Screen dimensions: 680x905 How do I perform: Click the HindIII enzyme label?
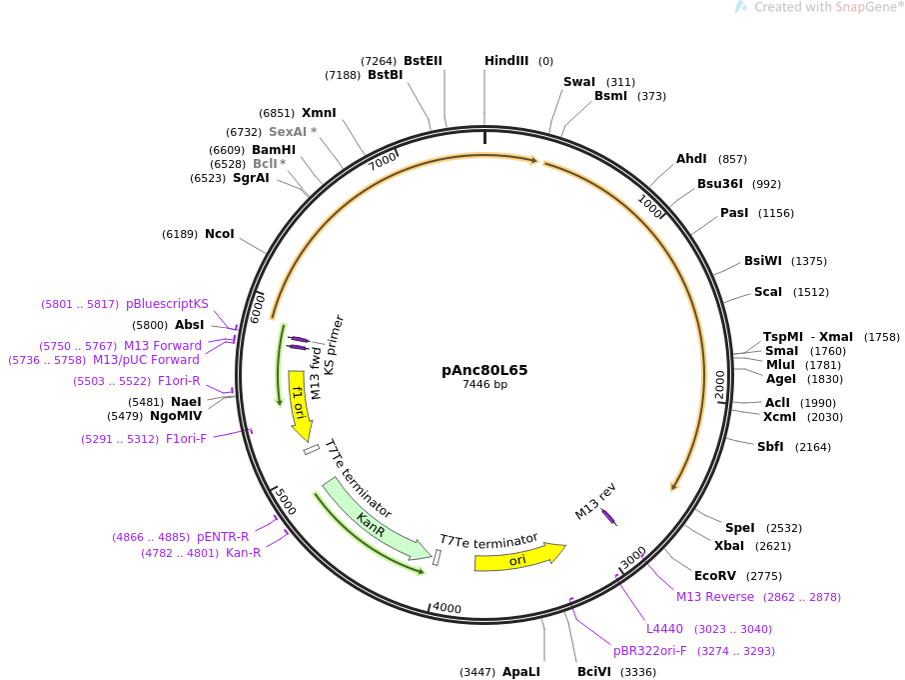(506, 61)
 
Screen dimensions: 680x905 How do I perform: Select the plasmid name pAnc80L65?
(484, 370)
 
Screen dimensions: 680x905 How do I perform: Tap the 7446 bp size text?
(484, 385)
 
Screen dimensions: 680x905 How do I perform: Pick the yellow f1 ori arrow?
(299, 404)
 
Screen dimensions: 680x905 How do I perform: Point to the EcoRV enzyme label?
(715, 576)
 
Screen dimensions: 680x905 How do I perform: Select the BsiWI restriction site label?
(763, 261)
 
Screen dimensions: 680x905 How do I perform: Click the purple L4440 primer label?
(664, 629)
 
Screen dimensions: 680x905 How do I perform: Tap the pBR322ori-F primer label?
(650, 651)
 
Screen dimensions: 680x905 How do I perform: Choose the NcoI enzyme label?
(220, 234)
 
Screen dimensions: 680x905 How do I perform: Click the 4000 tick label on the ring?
(447, 608)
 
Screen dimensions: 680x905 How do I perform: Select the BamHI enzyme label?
(274, 150)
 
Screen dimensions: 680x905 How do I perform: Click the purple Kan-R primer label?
(243, 553)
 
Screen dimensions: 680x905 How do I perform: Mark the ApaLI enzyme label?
(521, 672)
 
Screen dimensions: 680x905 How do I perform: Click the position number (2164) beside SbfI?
(813, 447)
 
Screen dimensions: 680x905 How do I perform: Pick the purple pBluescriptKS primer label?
(167, 304)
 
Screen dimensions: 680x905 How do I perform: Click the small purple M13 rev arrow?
(608, 516)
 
